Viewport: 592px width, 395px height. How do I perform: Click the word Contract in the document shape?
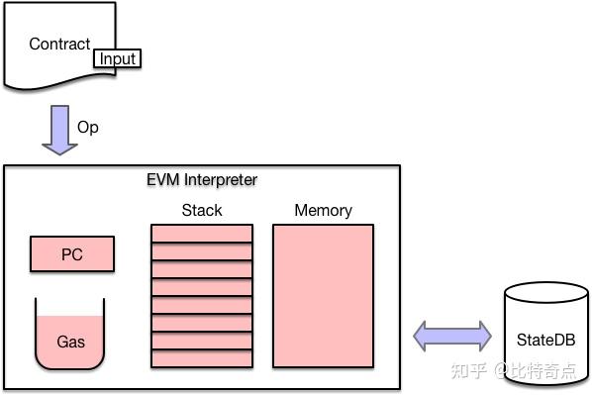[x=58, y=44]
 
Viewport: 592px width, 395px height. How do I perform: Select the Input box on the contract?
[x=118, y=58]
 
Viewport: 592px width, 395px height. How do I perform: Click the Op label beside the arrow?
[x=88, y=128]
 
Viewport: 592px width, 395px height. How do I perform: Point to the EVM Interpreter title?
[x=202, y=179]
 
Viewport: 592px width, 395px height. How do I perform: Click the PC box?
[x=71, y=254]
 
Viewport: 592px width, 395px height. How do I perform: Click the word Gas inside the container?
[x=70, y=343]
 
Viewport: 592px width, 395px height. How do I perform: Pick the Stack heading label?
[x=202, y=210]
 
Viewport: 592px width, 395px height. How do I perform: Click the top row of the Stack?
[x=202, y=234]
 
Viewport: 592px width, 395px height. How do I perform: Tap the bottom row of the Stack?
[x=202, y=358]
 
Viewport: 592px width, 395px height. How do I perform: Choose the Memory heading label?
[x=323, y=210]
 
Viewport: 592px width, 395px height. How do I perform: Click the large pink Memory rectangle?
[x=323, y=295]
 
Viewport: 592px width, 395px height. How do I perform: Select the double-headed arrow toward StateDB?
[x=452, y=336]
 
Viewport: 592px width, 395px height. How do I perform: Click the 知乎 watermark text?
[x=468, y=370]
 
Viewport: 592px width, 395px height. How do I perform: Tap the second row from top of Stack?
[x=202, y=251]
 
